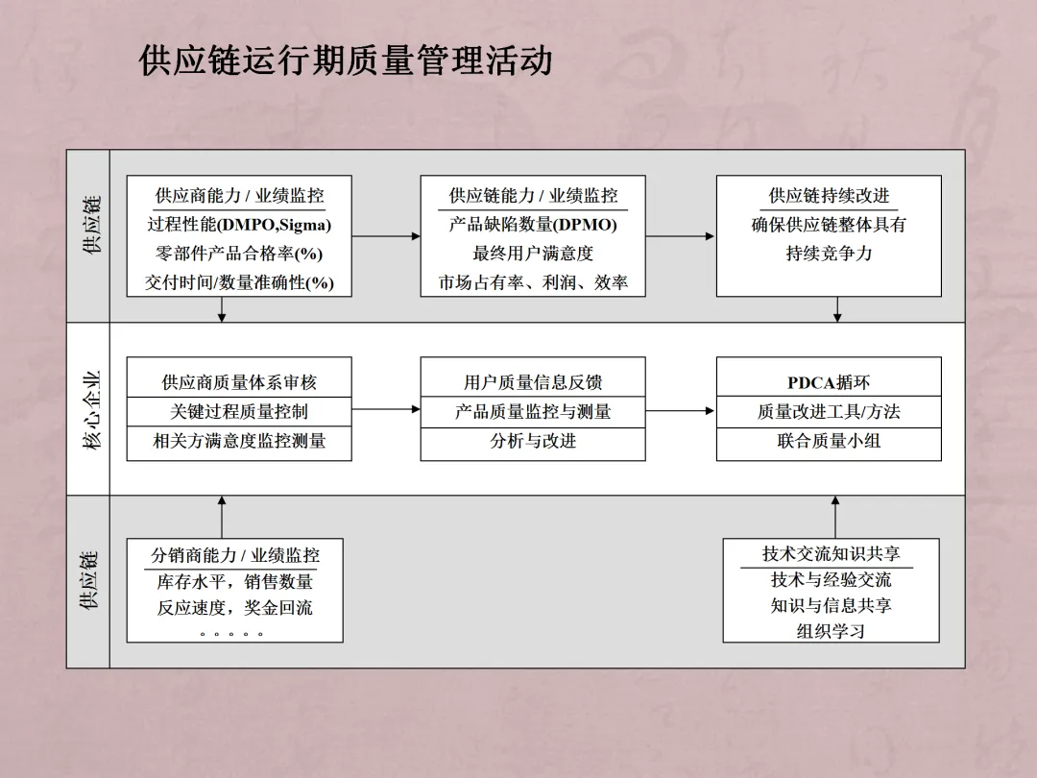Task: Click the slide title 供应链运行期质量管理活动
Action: point(346,61)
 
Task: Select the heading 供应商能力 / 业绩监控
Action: point(240,196)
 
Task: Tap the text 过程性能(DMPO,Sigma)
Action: point(239,226)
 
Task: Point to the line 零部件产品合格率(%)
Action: point(239,255)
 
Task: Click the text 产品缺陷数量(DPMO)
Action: point(533,226)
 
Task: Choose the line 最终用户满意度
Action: point(533,255)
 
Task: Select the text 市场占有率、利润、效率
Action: point(533,283)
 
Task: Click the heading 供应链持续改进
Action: point(829,196)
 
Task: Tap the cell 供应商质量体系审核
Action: point(239,382)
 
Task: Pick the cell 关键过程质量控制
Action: point(239,412)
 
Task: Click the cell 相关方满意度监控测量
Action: point(239,442)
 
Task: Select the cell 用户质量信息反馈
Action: point(533,382)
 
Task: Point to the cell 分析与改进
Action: point(533,442)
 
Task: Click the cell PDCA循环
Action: point(829,382)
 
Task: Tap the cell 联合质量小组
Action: point(829,442)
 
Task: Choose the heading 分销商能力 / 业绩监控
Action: point(235,555)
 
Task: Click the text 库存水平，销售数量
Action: point(235,582)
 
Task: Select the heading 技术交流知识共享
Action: point(832,554)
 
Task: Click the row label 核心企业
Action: point(88,409)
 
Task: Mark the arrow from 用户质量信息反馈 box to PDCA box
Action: point(681,411)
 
